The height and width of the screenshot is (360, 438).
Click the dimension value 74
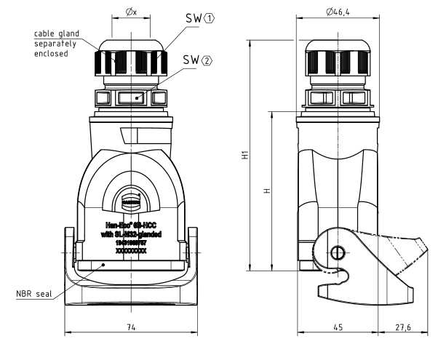(131, 328)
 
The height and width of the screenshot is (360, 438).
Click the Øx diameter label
(132, 13)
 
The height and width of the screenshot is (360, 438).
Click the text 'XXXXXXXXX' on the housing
(132, 249)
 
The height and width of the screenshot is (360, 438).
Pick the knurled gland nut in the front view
(132, 59)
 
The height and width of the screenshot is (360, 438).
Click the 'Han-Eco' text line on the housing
(132, 225)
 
